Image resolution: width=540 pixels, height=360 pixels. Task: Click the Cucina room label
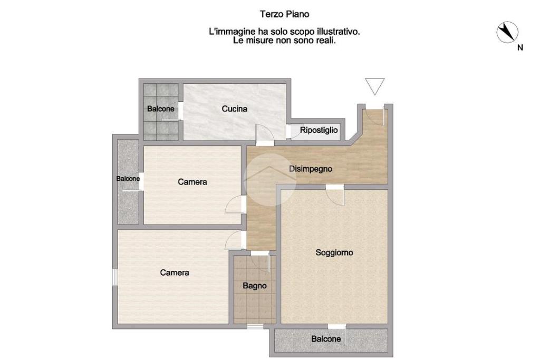click(x=234, y=109)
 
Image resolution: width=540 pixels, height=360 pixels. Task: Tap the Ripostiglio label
click(x=319, y=130)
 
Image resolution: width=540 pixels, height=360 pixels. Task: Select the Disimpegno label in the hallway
click(x=310, y=169)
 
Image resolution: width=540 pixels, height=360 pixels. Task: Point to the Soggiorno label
click(x=334, y=252)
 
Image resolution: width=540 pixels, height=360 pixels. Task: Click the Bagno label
click(x=255, y=286)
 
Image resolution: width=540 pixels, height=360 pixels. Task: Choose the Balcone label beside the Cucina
click(x=160, y=109)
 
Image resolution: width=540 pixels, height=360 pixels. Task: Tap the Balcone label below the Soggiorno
click(x=326, y=339)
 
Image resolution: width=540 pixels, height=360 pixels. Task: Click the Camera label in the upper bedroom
click(x=192, y=182)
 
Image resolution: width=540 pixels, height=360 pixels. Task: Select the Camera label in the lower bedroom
click(x=175, y=273)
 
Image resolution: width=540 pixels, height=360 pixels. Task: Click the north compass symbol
click(x=507, y=32)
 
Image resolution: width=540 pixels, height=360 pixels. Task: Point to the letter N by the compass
click(x=520, y=48)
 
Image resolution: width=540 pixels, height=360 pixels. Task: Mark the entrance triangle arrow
click(x=375, y=86)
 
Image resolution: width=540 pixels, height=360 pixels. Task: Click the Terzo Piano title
click(x=284, y=14)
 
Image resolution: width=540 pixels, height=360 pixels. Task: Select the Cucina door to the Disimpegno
click(x=265, y=133)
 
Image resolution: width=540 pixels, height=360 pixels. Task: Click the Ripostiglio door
click(x=295, y=131)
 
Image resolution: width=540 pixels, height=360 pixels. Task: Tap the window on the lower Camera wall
click(x=115, y=277)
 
